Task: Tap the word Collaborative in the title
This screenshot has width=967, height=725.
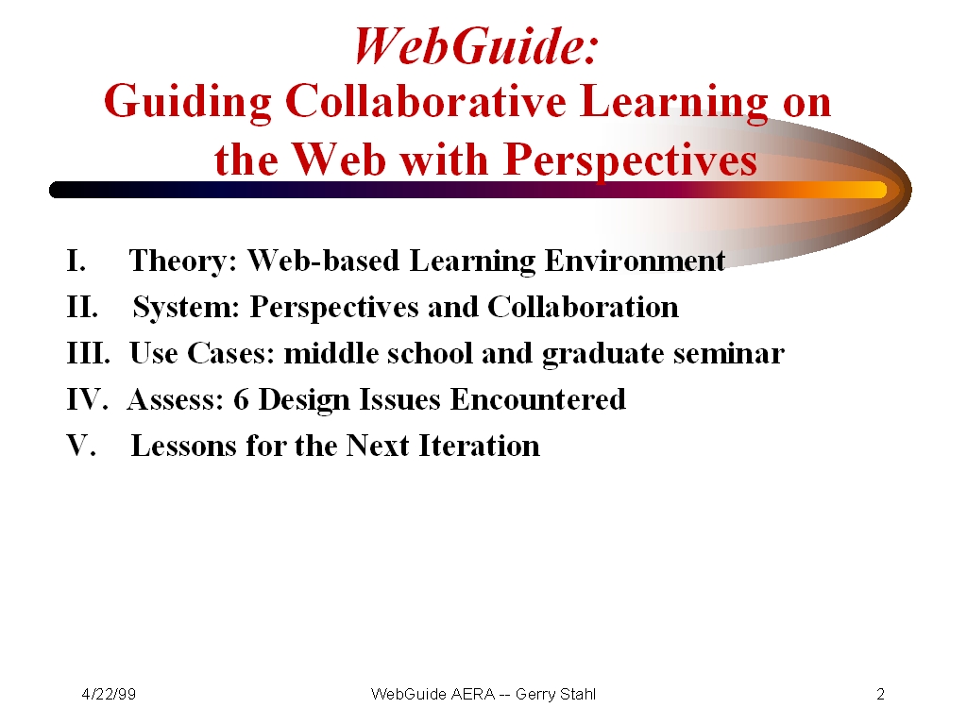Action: pyautogui.click(x=426, y=101)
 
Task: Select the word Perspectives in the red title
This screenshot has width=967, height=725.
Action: pyautogui.click(x=630, y=160)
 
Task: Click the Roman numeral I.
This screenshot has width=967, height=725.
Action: pyautogui.click(x=76, y=261)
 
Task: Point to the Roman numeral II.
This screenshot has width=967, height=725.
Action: pyautogui.click(x=82, y=307)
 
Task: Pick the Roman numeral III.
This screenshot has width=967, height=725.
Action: pyautogui.click(x=88, y=353)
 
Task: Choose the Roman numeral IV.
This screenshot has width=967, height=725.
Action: pyautogui.click(x=87, y=399)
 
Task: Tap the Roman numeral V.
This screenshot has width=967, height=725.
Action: pyautogui.click(x=81, y=446)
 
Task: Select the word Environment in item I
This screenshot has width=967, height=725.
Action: pyautogui.click(x=635, y=261)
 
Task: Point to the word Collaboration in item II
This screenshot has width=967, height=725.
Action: pyautogui.click(x=583, y=307)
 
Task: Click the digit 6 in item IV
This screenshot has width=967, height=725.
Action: pyautogui.click(x=241, y=400)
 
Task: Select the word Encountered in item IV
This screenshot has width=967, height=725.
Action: pyautogui.click(x=537, y=399)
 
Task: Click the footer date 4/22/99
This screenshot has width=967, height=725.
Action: pyautogui.click(x=109, y=694)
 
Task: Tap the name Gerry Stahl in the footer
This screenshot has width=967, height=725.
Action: pyautogui.click(x=555, y=695)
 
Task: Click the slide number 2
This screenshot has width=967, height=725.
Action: pyautogui.click(x=881, y=694)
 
